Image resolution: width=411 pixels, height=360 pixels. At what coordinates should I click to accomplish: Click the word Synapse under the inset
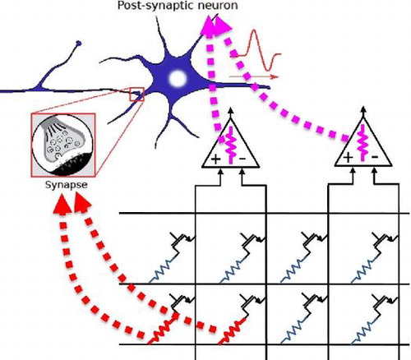point(67,185)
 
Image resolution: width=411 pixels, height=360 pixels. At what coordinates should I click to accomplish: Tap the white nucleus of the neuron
point(178,78)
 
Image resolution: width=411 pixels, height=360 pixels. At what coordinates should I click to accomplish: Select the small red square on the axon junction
point(136,95)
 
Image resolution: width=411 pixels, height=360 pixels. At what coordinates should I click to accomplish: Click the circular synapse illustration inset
point(63,145)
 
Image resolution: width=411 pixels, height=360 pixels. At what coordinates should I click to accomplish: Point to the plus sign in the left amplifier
point(215,159)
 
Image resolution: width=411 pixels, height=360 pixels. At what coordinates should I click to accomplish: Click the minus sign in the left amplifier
point(242,159)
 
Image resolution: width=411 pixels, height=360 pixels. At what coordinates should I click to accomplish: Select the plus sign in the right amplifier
point(348,158)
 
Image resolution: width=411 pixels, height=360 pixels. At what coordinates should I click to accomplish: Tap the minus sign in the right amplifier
point(375,157)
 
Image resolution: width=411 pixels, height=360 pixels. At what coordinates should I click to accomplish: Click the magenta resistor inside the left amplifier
point(231,145)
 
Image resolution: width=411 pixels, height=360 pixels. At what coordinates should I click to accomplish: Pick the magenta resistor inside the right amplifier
point(363,143)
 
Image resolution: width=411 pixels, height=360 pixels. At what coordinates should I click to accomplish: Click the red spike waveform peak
point(254,31)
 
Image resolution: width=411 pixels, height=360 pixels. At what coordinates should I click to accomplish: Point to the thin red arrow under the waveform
point(254,77)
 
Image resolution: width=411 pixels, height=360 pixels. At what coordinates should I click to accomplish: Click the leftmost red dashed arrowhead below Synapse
point(62,204)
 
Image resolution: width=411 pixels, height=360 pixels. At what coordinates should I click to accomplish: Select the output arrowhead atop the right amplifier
point(363,111)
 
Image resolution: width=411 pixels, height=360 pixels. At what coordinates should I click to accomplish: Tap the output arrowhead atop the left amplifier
point(230,111)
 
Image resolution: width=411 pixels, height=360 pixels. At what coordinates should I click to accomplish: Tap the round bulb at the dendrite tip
point(79,44)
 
